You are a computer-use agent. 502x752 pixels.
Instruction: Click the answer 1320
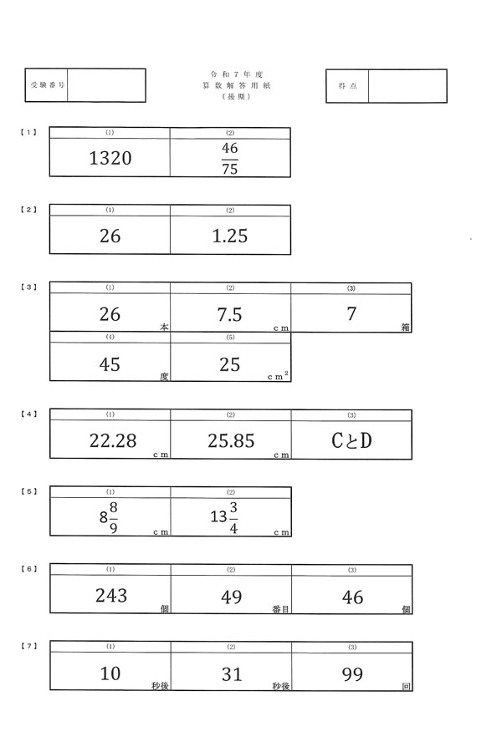click(x=110, y=158)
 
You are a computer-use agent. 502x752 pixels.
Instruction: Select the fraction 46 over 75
click(x=230, y=159)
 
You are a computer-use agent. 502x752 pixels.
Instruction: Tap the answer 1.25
click(x=230, y=236)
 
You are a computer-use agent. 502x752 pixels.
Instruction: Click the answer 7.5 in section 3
click(x=229, y=315)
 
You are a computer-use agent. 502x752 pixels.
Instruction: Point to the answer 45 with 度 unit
click(x=110, y=365)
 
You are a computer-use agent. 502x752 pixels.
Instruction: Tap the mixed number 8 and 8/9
click(x=108, y=518)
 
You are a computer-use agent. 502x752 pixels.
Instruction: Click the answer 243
click(x=110, y=596)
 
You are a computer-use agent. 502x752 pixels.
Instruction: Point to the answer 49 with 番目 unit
click(x=231, y=597)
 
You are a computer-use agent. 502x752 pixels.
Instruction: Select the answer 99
click(x=352, y=674)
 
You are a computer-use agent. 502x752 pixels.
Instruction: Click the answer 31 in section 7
click(x=231, y=674)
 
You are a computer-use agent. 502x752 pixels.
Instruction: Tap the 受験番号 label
click(x=47, y=86)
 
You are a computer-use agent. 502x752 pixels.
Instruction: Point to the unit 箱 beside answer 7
click(x=405, y=328)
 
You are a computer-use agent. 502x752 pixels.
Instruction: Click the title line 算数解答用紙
click(x=230, y=86)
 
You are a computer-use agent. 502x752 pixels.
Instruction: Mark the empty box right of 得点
click(x=407, y=86)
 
